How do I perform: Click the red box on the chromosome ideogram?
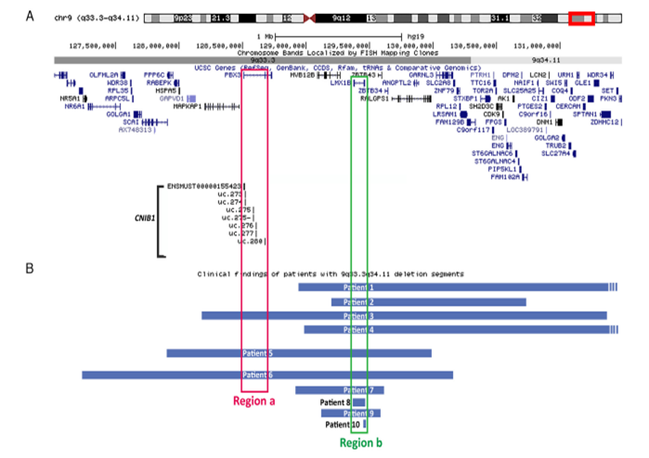pyautogui.click(x=582, y=19)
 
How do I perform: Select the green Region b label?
pyautogui.click(x=360, y=443)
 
